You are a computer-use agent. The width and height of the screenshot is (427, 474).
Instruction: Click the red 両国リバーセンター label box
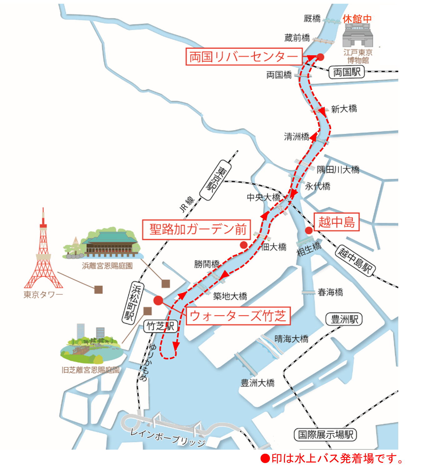coord(244,57)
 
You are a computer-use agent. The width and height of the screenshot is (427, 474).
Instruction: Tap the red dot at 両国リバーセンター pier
coord(320,57)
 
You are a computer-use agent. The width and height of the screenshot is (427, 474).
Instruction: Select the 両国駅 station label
coord(346,72)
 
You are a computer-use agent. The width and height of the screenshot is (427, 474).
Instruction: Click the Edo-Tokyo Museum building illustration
coord(358,35)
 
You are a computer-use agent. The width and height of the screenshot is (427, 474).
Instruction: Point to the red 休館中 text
coord(357,19)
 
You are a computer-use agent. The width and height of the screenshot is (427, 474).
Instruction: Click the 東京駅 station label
coord(215,180)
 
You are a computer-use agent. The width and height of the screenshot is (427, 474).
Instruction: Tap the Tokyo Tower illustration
coord(43,250)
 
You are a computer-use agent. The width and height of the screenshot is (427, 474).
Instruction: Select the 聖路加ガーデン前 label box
coord(196,230)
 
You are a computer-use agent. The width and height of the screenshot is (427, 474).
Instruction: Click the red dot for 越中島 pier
coord(309,230)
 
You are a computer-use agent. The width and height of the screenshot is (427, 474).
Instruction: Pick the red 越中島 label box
coord(336,222)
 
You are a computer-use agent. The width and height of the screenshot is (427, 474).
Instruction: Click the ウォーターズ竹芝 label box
coord(238,316)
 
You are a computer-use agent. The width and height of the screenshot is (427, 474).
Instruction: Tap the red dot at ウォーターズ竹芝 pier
coord(158,300)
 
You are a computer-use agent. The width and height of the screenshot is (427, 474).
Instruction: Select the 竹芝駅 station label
coord(161,326)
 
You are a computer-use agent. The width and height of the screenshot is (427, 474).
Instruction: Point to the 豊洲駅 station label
coord(344,319)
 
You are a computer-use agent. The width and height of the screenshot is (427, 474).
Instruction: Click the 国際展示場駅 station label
coord(325,434)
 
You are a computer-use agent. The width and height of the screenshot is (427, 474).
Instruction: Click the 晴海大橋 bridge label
coord(291,339)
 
